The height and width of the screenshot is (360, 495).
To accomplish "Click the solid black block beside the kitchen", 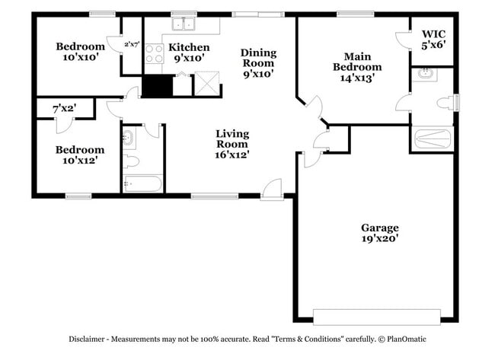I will coord(158,86).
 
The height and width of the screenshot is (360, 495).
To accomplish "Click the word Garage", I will coord(379,228).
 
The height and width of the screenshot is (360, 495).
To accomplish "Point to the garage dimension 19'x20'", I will coord(379,239).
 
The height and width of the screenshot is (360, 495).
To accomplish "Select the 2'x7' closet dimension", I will coord(132,44).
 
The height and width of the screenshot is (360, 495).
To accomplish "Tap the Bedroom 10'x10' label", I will coord(80,47).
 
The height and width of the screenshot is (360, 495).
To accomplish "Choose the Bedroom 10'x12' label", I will coord(79,150).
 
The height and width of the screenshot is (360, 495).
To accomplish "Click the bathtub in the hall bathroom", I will coord(142,183).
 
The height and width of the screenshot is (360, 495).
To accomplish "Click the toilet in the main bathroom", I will coord(443,103).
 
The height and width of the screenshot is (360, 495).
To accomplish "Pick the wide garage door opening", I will coord(376,316).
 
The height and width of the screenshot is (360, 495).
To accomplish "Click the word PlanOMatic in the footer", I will coord(406,339).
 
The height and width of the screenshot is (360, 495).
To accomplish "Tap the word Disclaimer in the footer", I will coord(90,339).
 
